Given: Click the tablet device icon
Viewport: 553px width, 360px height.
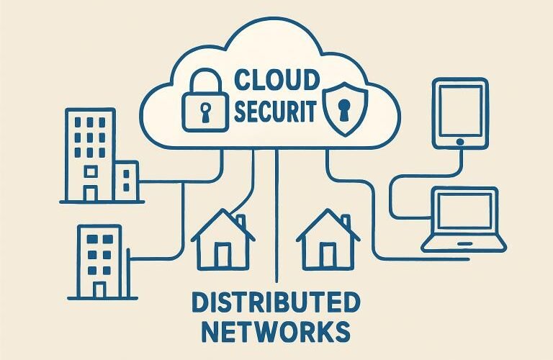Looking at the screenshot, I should (459, 112).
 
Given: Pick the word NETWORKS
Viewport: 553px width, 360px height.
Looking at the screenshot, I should (276, 332).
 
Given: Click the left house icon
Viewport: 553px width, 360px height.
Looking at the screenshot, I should (222, 241).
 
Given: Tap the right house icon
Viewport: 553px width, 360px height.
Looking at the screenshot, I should (328, 241).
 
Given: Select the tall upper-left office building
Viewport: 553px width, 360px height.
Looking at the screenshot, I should (90, 154).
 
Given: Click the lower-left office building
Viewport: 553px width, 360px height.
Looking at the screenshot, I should (99, 261).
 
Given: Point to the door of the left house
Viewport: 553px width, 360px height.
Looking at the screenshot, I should (223, 255).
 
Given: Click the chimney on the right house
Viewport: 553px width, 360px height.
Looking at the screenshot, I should (345, 220).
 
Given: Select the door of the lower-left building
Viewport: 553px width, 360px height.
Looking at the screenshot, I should (99, 288).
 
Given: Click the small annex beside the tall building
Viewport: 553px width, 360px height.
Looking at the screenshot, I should (127, 181).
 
